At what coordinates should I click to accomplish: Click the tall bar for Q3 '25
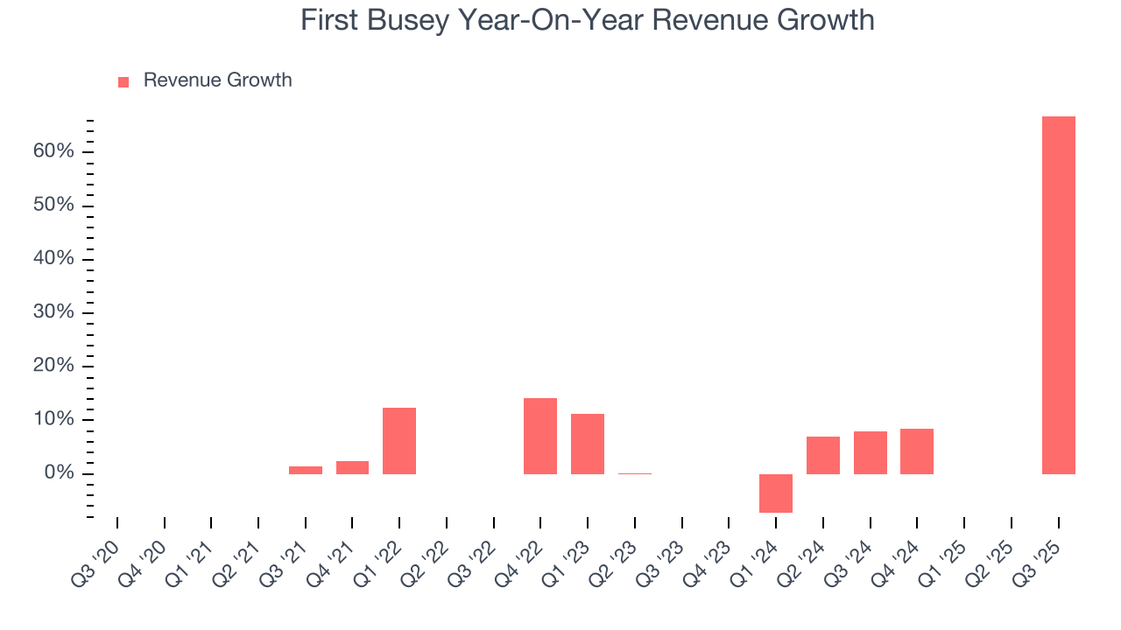(x=1058, y=295)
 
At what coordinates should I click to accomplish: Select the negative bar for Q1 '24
(x=776, y=493)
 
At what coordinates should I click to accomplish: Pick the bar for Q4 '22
(x=540, y=436)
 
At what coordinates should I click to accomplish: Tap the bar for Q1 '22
(x=399, y=440)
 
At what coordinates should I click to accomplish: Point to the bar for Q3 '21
(x=306, y=470)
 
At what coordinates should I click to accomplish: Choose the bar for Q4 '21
(x=352, y=467)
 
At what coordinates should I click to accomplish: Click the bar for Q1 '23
(x=588, y=444)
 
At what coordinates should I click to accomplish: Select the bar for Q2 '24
(x=823, y=455)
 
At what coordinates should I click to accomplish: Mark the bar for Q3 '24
(x=871, y=452)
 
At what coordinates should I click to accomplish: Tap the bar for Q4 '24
(x=917, y=451)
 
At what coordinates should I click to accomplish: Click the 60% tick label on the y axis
(x=53, y=151)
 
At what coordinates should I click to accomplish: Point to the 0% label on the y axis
(x=60, y=473)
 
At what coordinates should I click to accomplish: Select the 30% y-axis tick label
(x=53, y=312)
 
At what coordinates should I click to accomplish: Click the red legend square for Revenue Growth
(x=123, y=81)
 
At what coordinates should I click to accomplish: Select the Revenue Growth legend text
(x=217, y=80)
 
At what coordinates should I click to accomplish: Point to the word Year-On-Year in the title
(x=535, y=20)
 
